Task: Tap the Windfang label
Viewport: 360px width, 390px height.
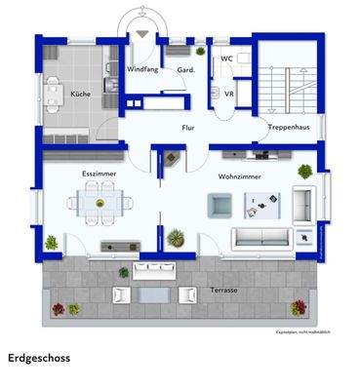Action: click(142, 70)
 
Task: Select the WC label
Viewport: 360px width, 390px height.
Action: click(225, 58)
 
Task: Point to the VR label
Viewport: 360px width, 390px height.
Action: click(228, 93)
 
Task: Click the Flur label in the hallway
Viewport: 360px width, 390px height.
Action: click(189, 128)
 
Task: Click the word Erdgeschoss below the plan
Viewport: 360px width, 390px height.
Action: click(39, 358)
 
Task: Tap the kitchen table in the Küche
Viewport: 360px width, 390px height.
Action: click(54, 95)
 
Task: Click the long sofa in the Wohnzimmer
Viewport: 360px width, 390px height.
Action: click(260, 236)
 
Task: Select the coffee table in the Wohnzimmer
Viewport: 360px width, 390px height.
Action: click(261, 204)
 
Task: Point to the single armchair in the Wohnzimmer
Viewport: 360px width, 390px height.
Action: click(220, 204)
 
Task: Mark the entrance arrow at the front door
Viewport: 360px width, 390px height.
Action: click(143, 32)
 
